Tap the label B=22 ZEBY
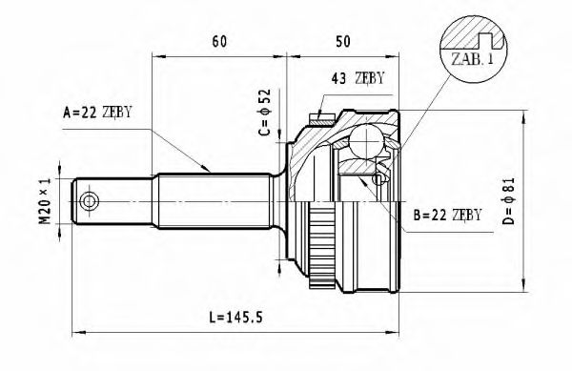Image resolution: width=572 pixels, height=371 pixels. [x=448, y=215]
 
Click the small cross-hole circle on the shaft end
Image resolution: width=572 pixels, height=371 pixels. [x=90, y=201]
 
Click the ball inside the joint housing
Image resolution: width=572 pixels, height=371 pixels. [x=365, y=144]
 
